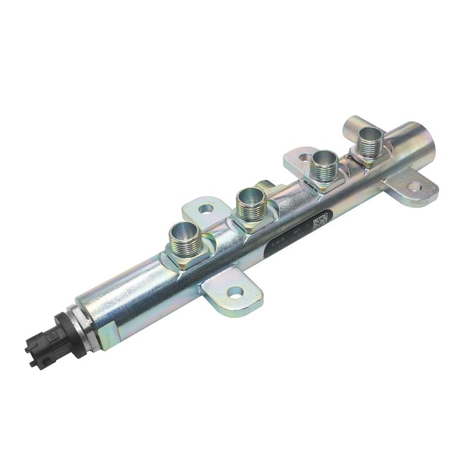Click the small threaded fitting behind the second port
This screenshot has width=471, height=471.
pos(267,186)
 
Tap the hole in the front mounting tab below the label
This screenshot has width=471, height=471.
pos(235,290)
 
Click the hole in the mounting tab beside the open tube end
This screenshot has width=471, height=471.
pos(414,187)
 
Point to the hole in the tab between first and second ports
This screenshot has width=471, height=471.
pos(206,208)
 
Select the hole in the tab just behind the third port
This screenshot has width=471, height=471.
pos(304,158)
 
